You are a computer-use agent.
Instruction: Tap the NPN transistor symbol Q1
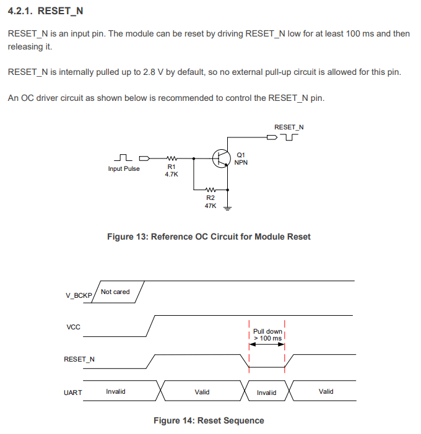[221, 158]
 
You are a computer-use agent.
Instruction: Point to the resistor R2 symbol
[210, 189]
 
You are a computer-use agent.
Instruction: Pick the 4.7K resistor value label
[171, 175]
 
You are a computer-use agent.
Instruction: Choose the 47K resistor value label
[210, 205]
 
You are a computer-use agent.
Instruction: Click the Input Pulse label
[124, 168]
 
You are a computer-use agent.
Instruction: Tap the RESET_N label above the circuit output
[289, 127]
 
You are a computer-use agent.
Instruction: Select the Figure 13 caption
[209, 237]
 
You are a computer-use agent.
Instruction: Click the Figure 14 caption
[209, 420]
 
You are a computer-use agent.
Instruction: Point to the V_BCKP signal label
[79, 295]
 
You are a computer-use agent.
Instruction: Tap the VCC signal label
[73, 326]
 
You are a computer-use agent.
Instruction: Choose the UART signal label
[73, 393]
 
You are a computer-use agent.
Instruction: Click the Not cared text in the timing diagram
[115, 292]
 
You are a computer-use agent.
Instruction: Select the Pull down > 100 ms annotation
[267, 335]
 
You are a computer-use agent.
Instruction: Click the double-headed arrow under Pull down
[267, 345]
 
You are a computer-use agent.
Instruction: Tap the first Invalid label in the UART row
[116, 391]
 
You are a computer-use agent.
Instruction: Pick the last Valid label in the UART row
[326, 391]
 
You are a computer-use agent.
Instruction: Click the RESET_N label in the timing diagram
[79, 359]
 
